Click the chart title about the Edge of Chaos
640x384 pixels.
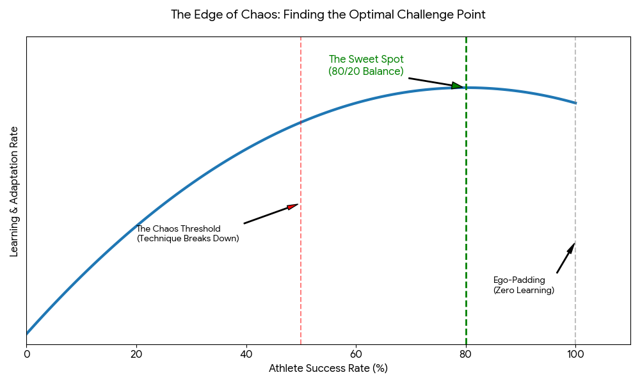click(x=328, y=14)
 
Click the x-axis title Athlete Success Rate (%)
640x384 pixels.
click(x=328, y=368)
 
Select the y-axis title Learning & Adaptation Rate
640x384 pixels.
click(x=14, y=191)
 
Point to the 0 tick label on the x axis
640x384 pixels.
click(x=26, y=353)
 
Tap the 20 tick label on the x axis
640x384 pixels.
click(x=136, y=353)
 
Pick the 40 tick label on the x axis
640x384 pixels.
click(x=246, y=353)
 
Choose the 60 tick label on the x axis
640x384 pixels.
click(x=356, y=353)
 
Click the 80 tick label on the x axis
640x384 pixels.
click(x=466, y=353)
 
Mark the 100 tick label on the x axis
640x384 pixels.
click(x=575, y=353)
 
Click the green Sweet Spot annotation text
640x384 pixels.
click(x=366, y=65)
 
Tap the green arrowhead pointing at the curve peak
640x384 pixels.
click(x=457, y=86)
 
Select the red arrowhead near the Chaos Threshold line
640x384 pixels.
click(x=292, y=206)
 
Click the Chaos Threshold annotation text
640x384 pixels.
click(x=188, y=234)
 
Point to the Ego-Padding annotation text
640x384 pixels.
click(x=523, y=285)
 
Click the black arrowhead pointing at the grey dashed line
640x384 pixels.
click(x=572, y=248)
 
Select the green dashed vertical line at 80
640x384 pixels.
click(x=466, y=224)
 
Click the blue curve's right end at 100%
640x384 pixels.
click(x=575, y=103)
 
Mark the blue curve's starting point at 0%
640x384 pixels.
click(x=27, y=333)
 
